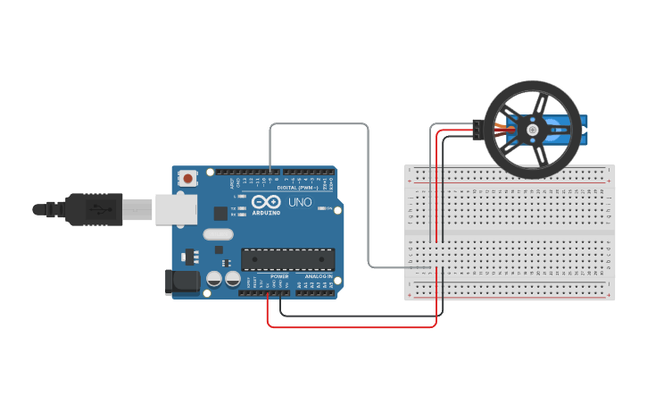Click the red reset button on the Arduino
(x=187, y=179)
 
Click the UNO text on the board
(x=301, y=202)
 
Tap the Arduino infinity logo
(x=265, y=202)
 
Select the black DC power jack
(x=183, y=282)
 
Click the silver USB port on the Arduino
(x=176, y=208)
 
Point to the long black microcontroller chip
(x=287, y=259)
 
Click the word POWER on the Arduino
(x=279, y=276)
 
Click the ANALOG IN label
(x=318, y=276)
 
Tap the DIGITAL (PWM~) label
(x=298, y=188)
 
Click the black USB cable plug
(x=93, y=210)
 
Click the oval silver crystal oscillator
(x=217, y=234)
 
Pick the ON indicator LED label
(x=328, y=208)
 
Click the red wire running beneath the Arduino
(x=357, y=326)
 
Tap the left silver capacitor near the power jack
(x=214, y=280)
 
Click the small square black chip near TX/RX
(x=220, y=213)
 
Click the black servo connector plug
(x=477, y=131)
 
